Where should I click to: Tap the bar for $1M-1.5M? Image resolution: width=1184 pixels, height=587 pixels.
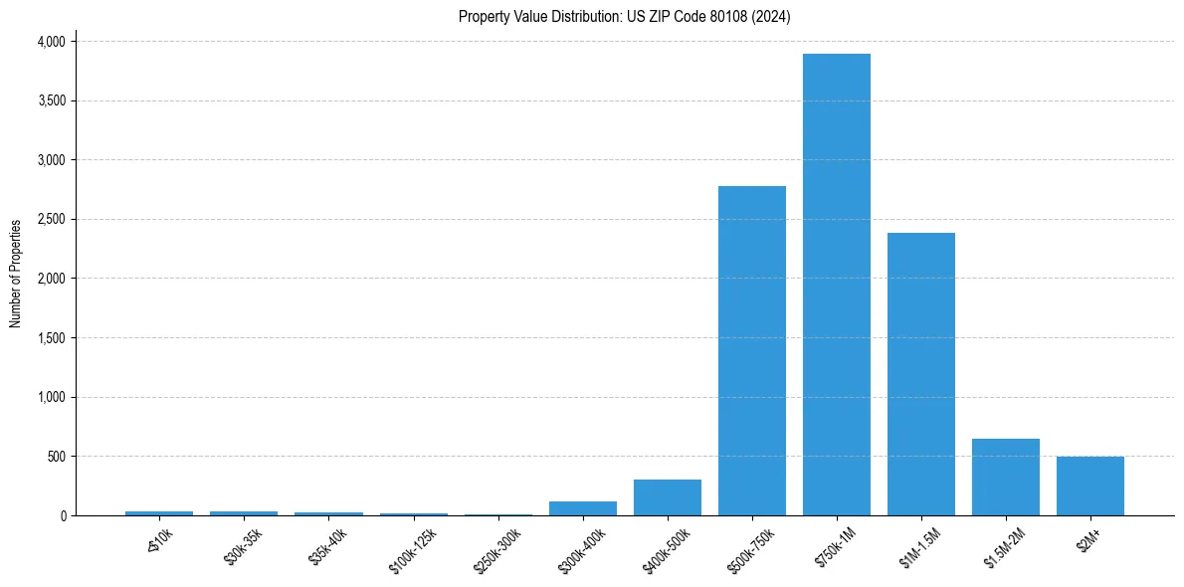pyautogui.click(x=921, y=374)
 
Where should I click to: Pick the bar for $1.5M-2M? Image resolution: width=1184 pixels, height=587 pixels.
pyautogui.click(x=1006, y=478)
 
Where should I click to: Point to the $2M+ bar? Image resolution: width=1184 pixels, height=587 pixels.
pyautogui.click(x=1090, y=487)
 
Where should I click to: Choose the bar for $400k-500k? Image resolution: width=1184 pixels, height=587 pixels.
pyautogui.click(x=668, y=497)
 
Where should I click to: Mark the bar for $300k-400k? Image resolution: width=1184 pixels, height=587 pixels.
pyautogui.click(x=583, y=508)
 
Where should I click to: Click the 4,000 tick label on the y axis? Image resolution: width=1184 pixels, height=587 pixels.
pyautogui.click(x=50, y=42)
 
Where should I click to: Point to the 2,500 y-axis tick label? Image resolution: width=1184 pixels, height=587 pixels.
pyautogui.click(x=50, y=220)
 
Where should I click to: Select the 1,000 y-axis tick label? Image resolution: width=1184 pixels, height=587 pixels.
pyautogui.click(x=50, y=398)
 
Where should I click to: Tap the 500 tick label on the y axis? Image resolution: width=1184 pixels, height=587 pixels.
pyautogui.click(x=57, y=457)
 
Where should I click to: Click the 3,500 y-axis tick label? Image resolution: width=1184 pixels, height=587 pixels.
pyautogui.click(x=50, y=101)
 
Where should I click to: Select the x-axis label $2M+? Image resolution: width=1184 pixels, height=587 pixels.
pyautogui.click(x=1089, y=538)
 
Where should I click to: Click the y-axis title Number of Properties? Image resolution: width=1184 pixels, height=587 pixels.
pyautogui.click(x=16, y=273)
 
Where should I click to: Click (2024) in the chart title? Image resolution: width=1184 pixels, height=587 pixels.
pyautogui.click(x=771, y=17)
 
